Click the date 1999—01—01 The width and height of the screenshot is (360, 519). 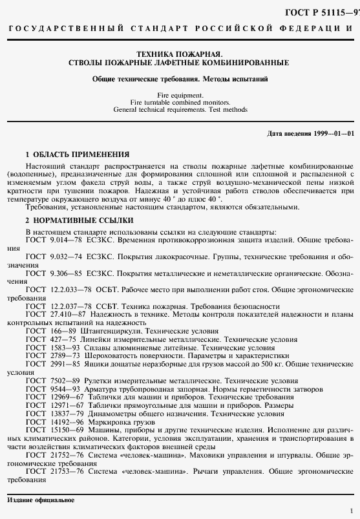click(330, 133)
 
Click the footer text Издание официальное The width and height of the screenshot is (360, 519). click(40, 500)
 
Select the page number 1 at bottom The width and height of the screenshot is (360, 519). click(350, 510)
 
